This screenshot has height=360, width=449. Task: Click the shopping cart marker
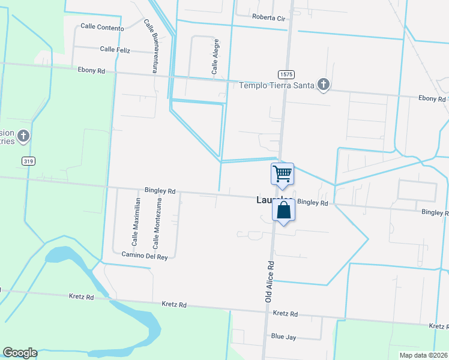[283, 174]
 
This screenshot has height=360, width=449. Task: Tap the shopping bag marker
[284, 211]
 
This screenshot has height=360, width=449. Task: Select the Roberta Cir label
[269, 18]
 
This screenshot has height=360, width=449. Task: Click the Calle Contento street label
[102, 28]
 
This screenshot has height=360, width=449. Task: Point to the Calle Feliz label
[115, 49]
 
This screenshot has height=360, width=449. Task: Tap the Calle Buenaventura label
[151, 46]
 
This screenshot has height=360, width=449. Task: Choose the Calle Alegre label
[214, 57]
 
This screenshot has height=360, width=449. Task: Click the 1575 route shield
[286, 74]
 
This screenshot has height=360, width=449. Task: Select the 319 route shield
[28, 161]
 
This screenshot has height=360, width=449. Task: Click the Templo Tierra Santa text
[277, 85]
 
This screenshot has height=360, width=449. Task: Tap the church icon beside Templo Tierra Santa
[324, 85]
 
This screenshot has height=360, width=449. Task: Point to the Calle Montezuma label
[158, 224]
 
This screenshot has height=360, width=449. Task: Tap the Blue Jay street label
[283, 337]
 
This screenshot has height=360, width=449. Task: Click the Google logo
[20, 353]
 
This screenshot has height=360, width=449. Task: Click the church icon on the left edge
[23, 136]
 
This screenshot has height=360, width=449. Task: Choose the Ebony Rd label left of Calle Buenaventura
[91, 71]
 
